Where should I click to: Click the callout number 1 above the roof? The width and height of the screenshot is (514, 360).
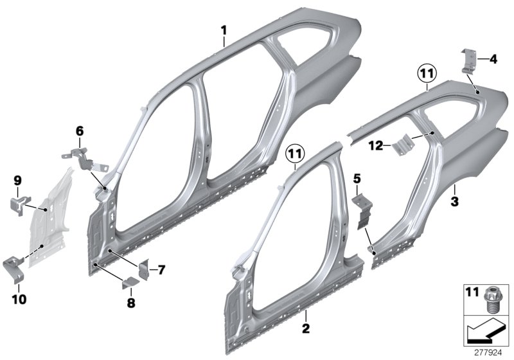224,30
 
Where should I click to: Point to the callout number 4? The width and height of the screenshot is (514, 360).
493,59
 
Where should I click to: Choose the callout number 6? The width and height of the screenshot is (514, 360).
80,130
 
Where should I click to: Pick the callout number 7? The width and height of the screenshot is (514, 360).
161,270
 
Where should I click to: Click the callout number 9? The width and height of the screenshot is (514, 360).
18,181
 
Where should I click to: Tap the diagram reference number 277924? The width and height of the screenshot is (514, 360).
491,351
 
